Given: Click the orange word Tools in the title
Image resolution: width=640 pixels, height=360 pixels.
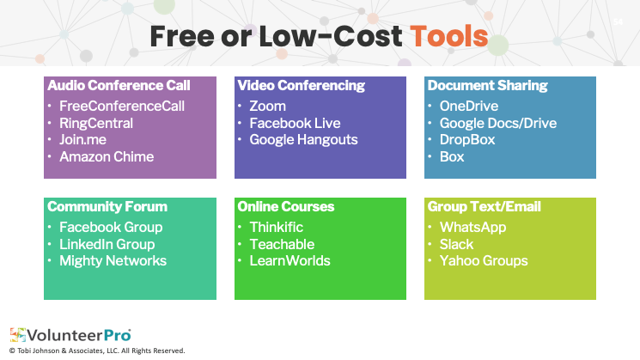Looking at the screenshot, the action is pyautogui.click(x=449, y=36).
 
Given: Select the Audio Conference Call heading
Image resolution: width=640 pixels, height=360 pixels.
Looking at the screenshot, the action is pyautogui.click(x=119, y=85).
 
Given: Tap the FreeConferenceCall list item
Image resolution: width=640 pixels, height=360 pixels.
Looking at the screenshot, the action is pyautogui.click(x=122, y=107).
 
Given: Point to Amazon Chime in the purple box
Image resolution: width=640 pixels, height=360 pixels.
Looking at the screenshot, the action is pyautogui.click(x=107, y=156).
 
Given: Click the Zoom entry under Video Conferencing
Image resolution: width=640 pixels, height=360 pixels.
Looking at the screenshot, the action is pyautogui.click(x=268, y=107).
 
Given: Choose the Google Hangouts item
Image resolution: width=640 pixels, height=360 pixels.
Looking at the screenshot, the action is pyautogui.click(x=303, y=140).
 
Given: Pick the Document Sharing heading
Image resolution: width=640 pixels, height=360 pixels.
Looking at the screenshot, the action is pyautogui.click(x=487, y=86).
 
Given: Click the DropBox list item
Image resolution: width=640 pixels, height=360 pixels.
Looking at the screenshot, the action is pyautogui.click(x=467, y=140).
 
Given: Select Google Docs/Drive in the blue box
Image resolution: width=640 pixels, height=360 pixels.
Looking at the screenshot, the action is pyautogui.click(x=498, y=123).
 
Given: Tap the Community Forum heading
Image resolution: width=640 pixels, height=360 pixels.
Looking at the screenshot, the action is pyautogui.click(x=107, y=206).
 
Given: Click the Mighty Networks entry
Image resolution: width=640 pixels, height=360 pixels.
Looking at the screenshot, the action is pyautogui.click(x=113, y=261).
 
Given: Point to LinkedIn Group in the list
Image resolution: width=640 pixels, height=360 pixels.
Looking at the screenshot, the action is pyautogui.click(x=107, y=244).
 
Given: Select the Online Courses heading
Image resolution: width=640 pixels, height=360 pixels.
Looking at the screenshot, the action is pyautogui.click(x=286, y=206).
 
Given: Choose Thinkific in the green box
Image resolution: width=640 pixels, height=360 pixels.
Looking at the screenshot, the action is pyautogui.click(x=277, y=228).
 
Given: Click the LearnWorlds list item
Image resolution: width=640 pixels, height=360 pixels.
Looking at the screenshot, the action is pyautogui.click(x=290, y=261).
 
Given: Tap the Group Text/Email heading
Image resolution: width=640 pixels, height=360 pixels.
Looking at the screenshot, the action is pyautogui.click(x=485, y=206).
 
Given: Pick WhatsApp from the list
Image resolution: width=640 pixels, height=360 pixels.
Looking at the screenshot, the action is pyautogui.click(x=472, y=228).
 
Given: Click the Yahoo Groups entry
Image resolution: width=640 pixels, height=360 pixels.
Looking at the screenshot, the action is pyautogui.click(x=484, y=261).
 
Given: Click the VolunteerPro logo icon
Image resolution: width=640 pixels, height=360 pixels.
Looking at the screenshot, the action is pyautogui.click(x=18, y=335).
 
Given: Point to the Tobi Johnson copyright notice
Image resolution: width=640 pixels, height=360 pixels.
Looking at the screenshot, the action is pyautogui.click(x=97, y=351).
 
